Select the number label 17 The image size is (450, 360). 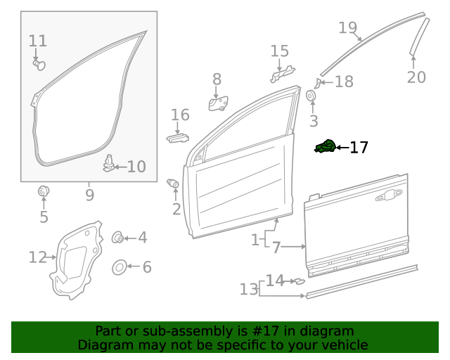coord(359,148)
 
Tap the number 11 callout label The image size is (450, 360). coord(37,41)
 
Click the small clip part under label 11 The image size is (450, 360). coord(39,65)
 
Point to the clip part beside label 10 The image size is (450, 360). coord(108,163)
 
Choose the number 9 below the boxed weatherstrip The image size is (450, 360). coord(89,195)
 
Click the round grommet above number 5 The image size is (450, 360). coord(44,190)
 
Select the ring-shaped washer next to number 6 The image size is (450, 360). coord(120,267)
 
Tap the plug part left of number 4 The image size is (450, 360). coord(119,238)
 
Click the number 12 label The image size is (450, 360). coord(37,257)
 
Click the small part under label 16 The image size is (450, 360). coord(178,137)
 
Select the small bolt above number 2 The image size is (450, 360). coord(173,184)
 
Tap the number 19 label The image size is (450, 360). coord(347,28)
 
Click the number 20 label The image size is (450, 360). coord(416,77)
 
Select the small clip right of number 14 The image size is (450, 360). coord(298,281)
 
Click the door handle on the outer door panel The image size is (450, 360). coord(389,197)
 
